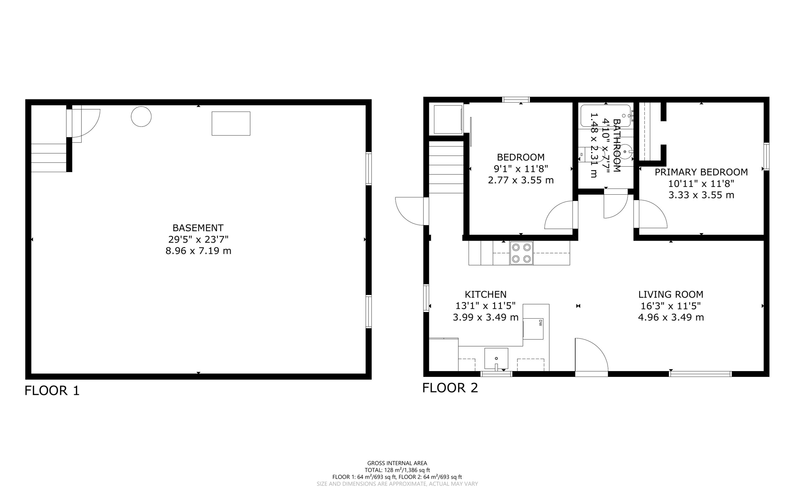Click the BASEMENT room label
198,228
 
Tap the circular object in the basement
141,117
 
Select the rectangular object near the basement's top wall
231,124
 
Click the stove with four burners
521,253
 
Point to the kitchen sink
496,358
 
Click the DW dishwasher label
540,322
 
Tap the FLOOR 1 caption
52,391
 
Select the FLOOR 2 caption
450,388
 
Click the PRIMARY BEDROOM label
701,172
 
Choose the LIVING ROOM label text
671,295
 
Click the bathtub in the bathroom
606,116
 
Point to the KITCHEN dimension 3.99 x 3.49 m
485,317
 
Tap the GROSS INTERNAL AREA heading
397,463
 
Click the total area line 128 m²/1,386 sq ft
397,470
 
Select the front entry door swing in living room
591,356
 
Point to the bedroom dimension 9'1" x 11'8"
521,169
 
